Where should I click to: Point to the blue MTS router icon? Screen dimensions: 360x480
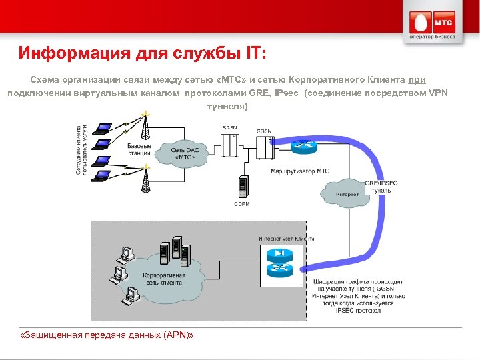pos(303,145)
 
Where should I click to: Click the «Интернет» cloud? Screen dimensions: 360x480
pos(347,193)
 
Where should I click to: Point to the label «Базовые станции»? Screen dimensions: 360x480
pos(139,149)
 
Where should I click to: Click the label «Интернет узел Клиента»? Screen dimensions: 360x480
pos(286,239)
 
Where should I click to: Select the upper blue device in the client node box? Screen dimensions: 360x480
pos(279,255)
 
